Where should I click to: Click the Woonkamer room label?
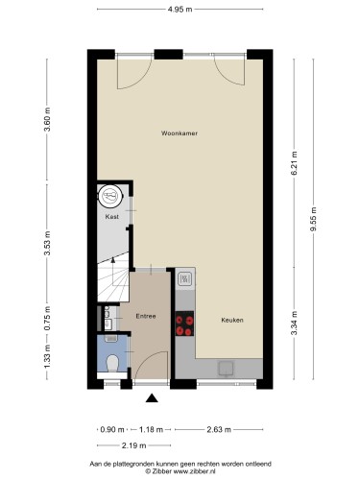[x=180, y=133]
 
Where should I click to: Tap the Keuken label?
[x=232, y=320]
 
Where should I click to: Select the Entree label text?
[x=146, y=316]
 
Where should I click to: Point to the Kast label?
[x=112, y=217]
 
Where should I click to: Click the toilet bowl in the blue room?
[x=112, y=363]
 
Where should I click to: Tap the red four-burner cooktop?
[x=184, y=324]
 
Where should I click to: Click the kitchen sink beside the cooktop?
[x=185, y=278]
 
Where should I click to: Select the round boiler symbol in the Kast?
[x=110, y=196]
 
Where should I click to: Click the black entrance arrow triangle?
[x=152, y=397]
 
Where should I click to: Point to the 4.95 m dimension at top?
[x=180, y=10]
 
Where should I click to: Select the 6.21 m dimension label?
[x=295, y=163]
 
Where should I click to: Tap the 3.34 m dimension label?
[x=295, y=324]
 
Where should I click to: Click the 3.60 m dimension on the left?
[x=47, y=119]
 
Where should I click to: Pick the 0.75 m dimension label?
[x=47, y=319]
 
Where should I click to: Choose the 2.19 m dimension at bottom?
[x=134, y=445]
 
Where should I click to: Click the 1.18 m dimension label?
[x=151, y=429]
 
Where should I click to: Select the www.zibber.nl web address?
[x=195, y=471]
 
